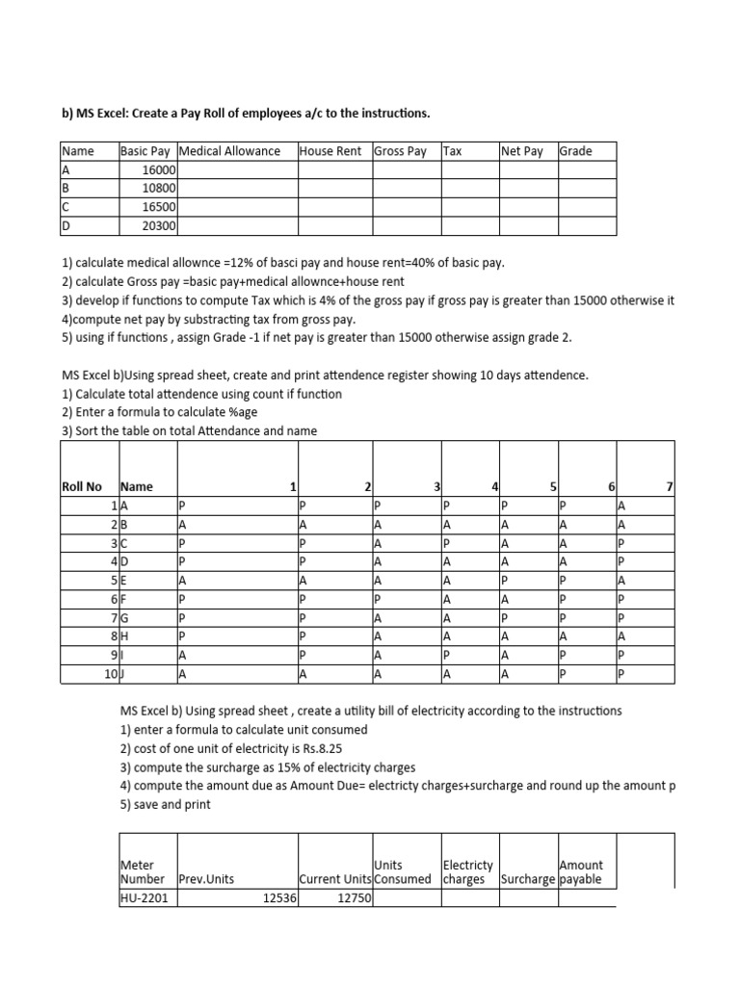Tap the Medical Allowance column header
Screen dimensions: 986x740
pyautogui.click(x=229, y=151)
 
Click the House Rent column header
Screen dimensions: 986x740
pyautogui.click(x=330, y=151)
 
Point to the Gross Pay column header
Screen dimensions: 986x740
pyautogui.click(x=400, y=151)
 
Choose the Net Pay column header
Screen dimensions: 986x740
pyautogui.click(x=522, y=151)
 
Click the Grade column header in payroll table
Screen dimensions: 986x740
pyautogui.click(x=575, y=151)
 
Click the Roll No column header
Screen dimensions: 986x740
pyautogui.click(x=82, y=487)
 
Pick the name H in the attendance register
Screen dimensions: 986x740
pyautogui.click(x=124, y=636)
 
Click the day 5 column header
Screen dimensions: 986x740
pyautogui.click(x=554, y=487)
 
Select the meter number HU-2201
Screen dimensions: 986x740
pyautogui.click(x=142, y=897)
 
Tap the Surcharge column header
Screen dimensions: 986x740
pyautogui.click(x=527, y=879)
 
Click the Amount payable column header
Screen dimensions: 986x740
pyautogui.click(x=581, y=872)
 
